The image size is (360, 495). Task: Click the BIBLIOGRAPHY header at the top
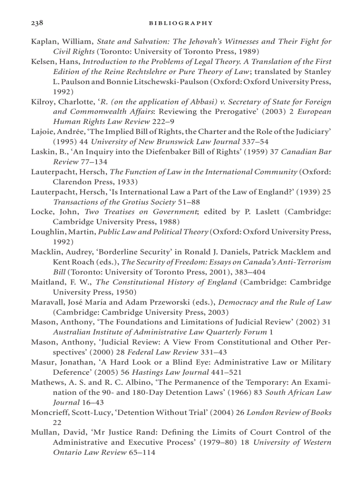(180, 23)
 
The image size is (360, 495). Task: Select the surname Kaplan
(43, 42)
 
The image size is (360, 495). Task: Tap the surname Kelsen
(42, 62)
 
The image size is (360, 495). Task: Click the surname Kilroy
(41, 102)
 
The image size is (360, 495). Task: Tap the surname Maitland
(46, 282)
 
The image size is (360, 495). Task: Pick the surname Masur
(41, 362)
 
